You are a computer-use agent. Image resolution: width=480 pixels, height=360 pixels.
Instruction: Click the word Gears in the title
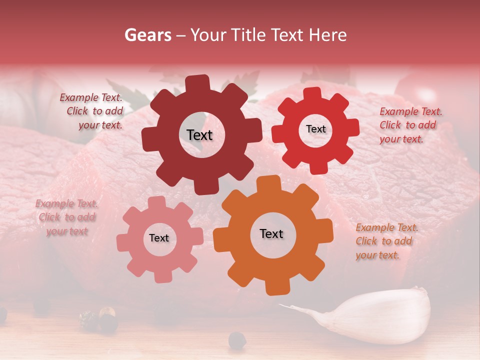pos(147,35)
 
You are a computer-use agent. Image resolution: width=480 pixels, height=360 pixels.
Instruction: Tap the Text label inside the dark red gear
pos(199,135)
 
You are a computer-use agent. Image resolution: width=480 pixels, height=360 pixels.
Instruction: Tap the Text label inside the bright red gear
pos(315,129)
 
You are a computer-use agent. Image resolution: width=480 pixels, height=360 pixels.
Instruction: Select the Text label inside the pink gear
pos(159,238)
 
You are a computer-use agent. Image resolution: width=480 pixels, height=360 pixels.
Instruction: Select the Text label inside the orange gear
pos(271,233)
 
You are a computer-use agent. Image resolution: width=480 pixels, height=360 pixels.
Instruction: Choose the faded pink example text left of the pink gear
pos(67,217)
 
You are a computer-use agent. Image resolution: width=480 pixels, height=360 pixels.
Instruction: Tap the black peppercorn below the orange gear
pos(237,340)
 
